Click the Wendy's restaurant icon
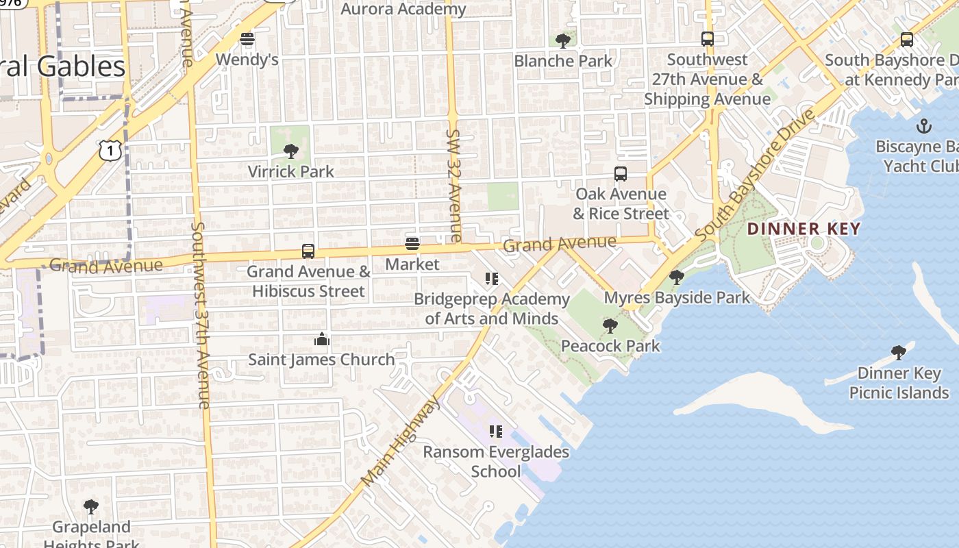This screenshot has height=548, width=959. pyautogui.click(x=247, y=38)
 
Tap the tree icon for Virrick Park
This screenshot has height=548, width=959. pyautogui.click(x=291, y=151)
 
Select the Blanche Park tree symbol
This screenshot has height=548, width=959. pyautogui.click(x=563, y=41)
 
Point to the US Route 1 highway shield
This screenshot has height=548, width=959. pyautogui.click(x=110, y=149)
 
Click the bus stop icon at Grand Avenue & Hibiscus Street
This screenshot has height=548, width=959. pyautogui.click(x=308, y=251)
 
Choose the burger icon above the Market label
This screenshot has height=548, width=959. pyautogui.click(x=412, y=244)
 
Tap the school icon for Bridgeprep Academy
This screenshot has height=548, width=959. pyautogui.click(x=491, y=279)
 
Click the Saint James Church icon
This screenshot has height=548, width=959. pyautogui.click(x=321, y=339)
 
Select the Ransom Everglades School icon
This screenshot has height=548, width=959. pyautogui.click(x=496, y=432)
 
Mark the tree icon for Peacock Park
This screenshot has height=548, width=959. pyautogui.click(x=610, y=325)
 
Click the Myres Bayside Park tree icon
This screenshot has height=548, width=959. pyautogui.click(x=676, y=277)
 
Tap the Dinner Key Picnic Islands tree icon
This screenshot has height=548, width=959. pyautogui.click(x=898, y=353)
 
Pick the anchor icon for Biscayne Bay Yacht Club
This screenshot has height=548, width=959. pyautogui.click(x=924, y=127)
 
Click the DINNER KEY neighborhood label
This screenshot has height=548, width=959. pyautogui.click(x=804, y=229)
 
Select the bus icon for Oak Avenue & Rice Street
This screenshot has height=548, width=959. pyautogui.click(x=620, y=174)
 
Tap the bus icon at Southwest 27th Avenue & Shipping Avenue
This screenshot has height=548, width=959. pyautogui.click(x=707, y=39)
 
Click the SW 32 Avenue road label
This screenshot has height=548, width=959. pyautogui.click(x=453, y=185)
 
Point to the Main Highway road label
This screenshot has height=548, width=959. pyautogui.click(x=401, y=442)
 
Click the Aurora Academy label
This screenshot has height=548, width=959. pyautogui.click(x=403, y=9)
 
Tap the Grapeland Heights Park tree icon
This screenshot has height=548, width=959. pyautogui.click(x=90, y=507)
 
